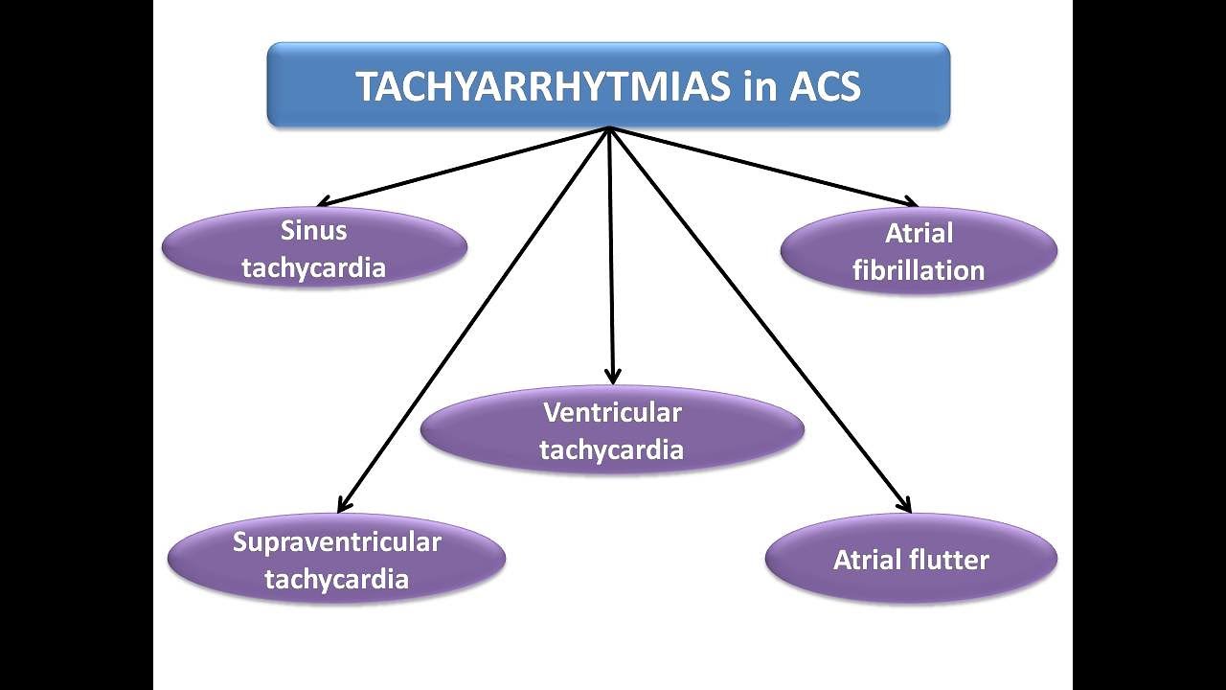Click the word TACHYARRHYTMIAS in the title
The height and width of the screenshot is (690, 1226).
[x=541, y=86]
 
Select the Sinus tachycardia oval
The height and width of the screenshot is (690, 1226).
[x=314, y=248]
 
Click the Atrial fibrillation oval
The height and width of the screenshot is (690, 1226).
[x=919, y=251]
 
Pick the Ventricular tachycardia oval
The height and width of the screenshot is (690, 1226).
[x=612, y=430]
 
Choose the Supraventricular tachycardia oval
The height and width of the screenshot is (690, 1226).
[x=336, y=560]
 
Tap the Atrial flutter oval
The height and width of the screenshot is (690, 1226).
[x=911, y=559]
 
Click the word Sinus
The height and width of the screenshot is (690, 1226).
[x=314, y=230]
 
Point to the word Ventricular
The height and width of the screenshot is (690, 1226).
[x=612, y=412]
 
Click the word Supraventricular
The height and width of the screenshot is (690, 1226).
[x=336, y=541]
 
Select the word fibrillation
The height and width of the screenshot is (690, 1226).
[x=919, y=270]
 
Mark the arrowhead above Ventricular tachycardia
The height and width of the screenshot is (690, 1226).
[x=613, y=377]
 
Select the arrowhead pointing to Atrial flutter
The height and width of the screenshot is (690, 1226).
[x=903, y=505]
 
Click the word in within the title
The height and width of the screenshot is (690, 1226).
[x=757, y=86]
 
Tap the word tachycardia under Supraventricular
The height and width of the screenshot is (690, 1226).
[x=336, y=579]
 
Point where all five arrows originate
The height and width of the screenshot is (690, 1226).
[x=609, y=129]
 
